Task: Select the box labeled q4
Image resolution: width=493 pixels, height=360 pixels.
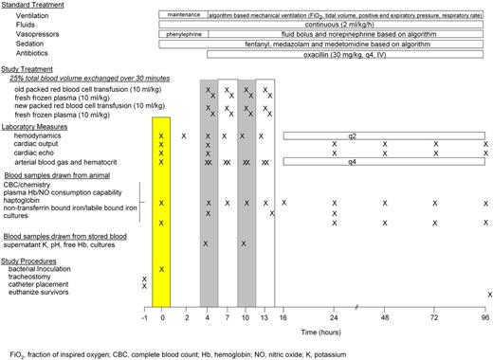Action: tap(385, 161)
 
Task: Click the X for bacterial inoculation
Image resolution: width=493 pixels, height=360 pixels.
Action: tap(162, 269)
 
